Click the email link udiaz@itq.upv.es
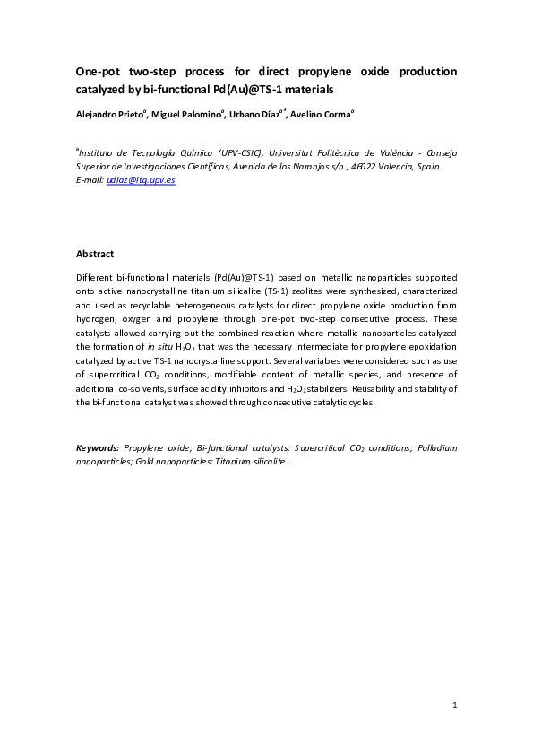click(141, 180)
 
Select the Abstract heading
click(95, 255)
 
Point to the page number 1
click(455, 707)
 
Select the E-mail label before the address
click(90, 180)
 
